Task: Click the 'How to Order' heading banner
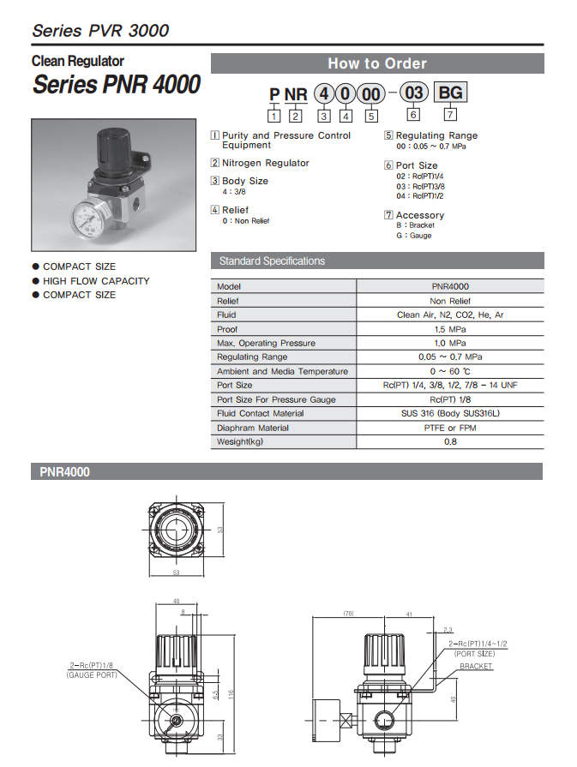coord(377,63)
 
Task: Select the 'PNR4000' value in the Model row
coord(450,287)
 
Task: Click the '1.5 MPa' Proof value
coord(450,329)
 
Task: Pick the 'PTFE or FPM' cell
coord(450,428)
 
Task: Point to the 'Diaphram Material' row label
coord(254,428)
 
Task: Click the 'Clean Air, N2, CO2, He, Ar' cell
coord(450,315)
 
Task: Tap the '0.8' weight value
coord(450,442)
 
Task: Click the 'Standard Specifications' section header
coord(272,261)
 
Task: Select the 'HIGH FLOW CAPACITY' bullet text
coord(96,281)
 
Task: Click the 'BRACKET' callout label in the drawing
coord(477,667)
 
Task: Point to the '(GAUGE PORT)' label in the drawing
coord(92,676)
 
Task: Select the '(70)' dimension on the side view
coord(348,614)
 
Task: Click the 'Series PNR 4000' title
coord(117,85)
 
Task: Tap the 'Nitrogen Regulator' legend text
coord(265,163)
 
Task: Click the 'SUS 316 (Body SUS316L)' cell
coord(450,414)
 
